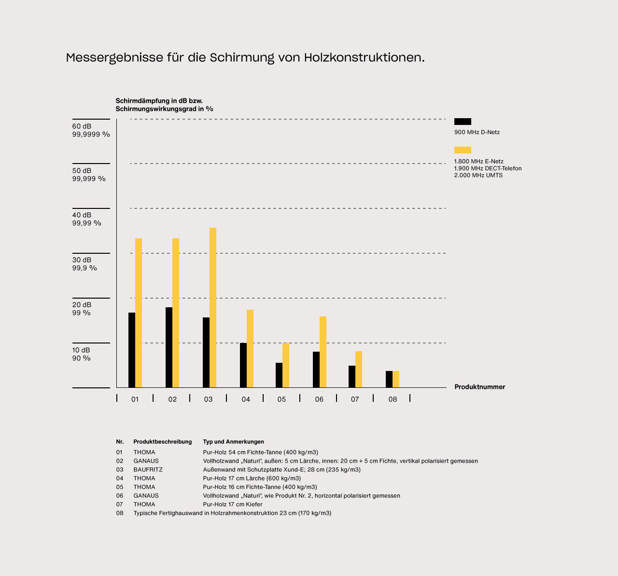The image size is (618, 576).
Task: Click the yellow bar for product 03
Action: [x=213, y=307]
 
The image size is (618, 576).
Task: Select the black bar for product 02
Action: [x=169, y=347]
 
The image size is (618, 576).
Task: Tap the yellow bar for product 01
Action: [x=139, y=313]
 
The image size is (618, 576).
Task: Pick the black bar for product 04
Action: [x=243, y=365]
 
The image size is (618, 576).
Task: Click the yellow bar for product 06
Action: [x=323, y=352]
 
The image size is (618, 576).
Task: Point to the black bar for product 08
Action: [x=389, y=379]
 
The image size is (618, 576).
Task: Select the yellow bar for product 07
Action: [x=359, y=369]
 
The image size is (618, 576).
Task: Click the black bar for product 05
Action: [x=279, y=375]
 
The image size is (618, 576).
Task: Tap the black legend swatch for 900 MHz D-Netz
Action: [x=463, y=122]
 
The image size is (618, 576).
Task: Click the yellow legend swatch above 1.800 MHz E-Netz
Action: [x=463, y=150]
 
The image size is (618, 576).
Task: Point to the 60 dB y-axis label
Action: [x=82, y=126]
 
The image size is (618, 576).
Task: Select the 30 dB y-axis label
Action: [x=82, y=260]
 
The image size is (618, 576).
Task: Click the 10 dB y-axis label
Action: [x=81, y=350]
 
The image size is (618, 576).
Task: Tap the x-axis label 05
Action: [x=281, y=399]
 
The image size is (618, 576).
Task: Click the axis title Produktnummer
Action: [x=479, y=387]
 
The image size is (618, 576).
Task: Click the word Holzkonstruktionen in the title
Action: [x=364, y=58]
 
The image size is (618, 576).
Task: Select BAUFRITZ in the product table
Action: [x=148, y=470]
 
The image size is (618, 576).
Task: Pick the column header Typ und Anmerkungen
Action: [x=233, y=442]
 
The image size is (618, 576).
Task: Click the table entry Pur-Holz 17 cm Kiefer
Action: [x=233, y=505]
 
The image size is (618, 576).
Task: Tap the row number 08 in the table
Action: [x=120, y=513]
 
